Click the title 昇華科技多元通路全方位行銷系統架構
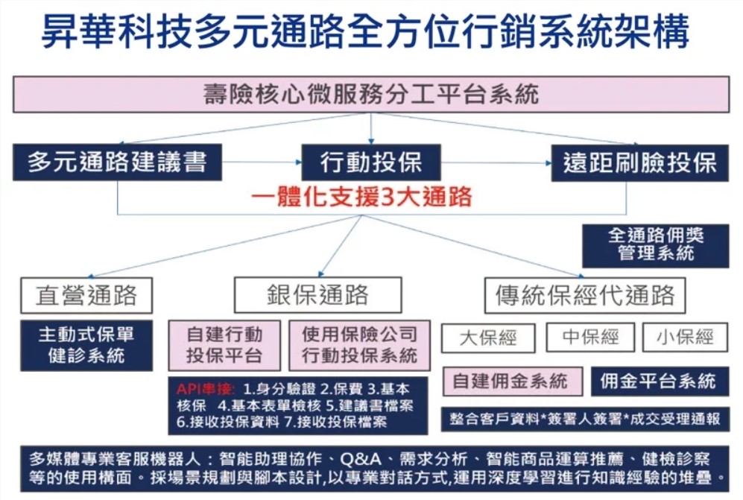365,31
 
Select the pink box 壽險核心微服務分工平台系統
371,95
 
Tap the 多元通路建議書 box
117,162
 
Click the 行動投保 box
371,162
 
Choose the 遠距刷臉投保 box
639,163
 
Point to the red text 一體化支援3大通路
361,196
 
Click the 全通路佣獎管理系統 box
656,245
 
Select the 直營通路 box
86,295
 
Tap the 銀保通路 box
318,295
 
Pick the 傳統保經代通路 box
585,295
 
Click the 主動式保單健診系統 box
86,345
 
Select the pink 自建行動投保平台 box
224,345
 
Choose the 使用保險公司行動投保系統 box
360,345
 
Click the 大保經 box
488,338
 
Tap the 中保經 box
590,337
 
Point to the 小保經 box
685,337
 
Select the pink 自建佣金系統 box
512,381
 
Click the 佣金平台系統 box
660,381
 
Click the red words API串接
205,389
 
